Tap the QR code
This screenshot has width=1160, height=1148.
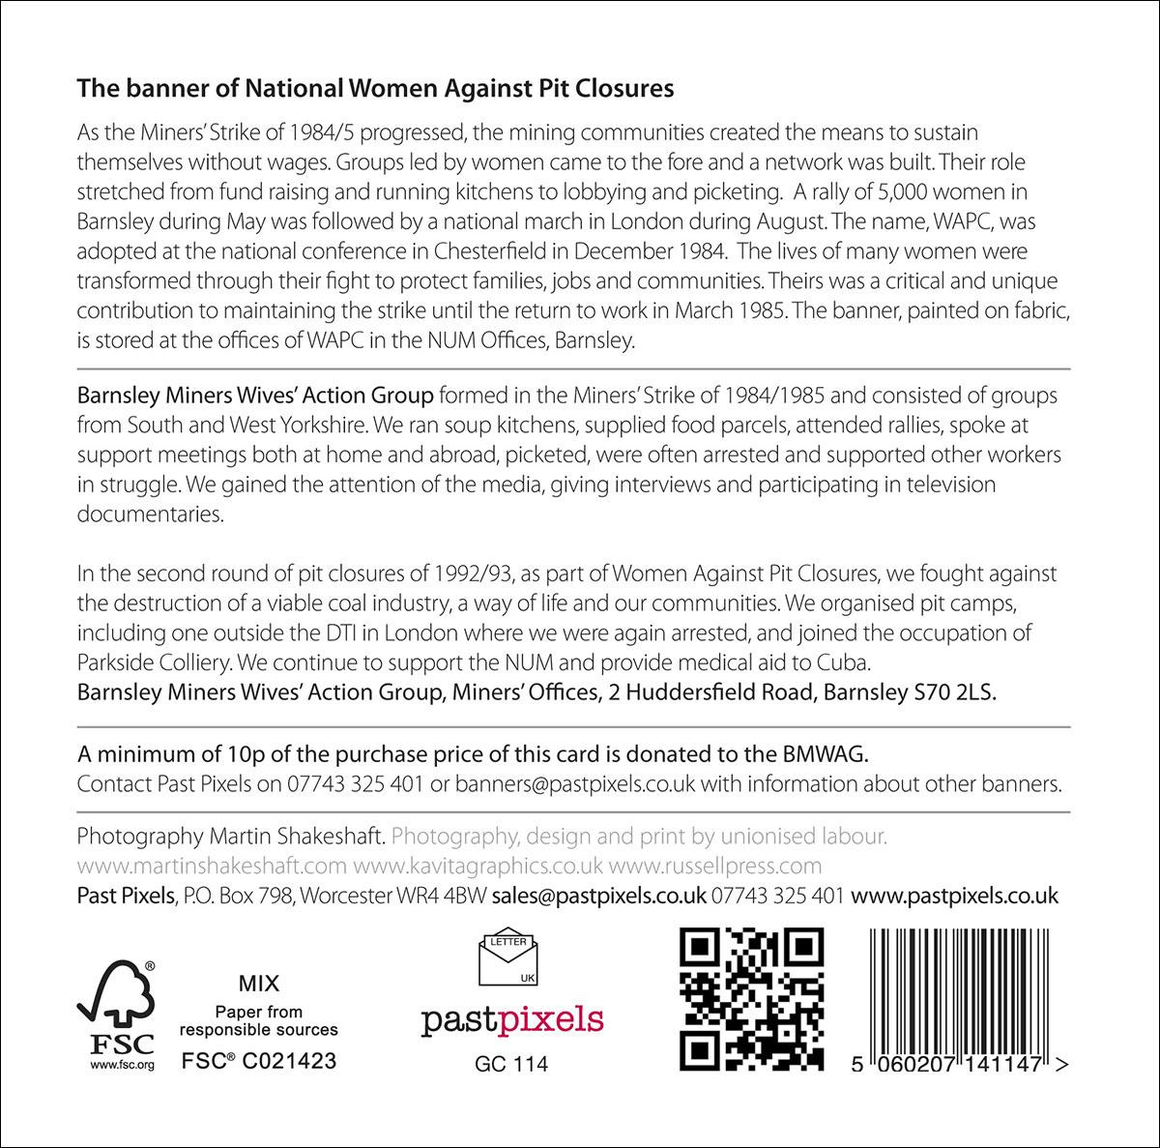point(752,999)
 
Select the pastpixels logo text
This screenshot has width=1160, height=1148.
point(511,1019)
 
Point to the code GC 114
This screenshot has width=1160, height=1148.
point(511,1064)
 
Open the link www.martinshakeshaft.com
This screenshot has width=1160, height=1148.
point(211,865)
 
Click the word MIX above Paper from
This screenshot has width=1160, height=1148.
point(258,985)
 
